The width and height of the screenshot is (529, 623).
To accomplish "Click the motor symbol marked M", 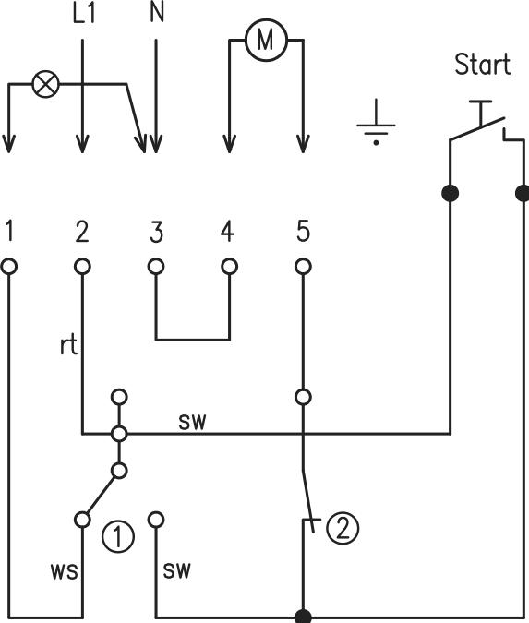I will click(x=265, y=40).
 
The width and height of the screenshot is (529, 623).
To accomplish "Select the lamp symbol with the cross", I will click(x=44, y=85).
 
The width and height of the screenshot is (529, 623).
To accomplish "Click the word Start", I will click(x=481, y=65).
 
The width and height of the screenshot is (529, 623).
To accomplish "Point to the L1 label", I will click(x=82, y=16).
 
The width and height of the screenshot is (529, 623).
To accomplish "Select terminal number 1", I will click(x=9, y=231).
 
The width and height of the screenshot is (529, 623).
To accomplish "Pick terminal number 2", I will click(x=82, y=231).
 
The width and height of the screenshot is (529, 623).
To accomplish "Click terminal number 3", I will click(x=155, y=231).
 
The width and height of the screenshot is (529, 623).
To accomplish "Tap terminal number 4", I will click(x=228, y=231).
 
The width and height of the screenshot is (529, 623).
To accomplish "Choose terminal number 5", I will click(x=302, y=231).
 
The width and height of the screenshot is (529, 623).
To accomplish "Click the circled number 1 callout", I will click(x=119, y=536).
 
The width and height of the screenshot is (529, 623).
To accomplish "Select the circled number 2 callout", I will click(x=341, y=529).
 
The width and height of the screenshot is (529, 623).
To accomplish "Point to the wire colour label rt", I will click(x=67, y=348).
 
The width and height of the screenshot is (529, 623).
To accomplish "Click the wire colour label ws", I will click(x=63, y=569).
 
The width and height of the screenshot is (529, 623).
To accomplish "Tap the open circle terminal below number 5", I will click(x=302, y=267).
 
